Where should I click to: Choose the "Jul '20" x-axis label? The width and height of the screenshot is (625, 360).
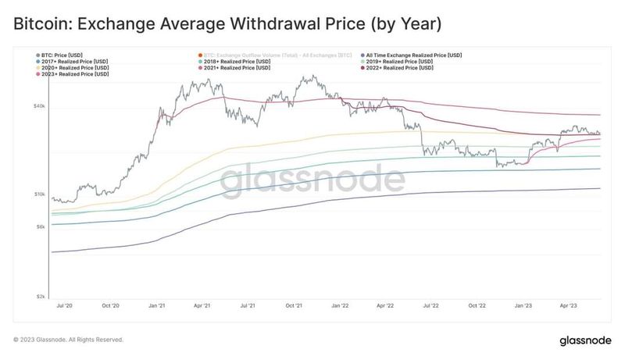pyautogui.click(x=66, y=307)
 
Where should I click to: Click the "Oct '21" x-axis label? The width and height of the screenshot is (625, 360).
pyautogui.click(x=294, y=307)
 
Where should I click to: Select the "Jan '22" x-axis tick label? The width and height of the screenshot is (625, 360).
pyautogui.click(x=340, y=307)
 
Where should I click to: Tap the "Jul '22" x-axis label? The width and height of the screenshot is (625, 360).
pyautogui.click(x=430, y=307)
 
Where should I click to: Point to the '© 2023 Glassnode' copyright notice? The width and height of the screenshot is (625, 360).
pyautogui.click(x=69, y=340)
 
